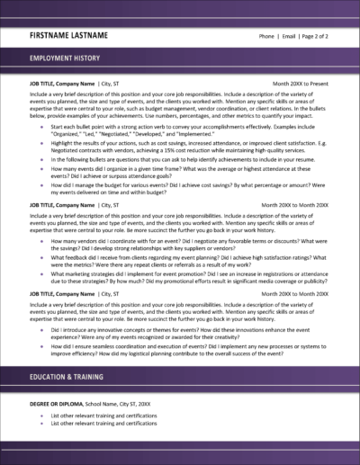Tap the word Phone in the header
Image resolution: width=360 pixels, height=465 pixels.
coord(266,37)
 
